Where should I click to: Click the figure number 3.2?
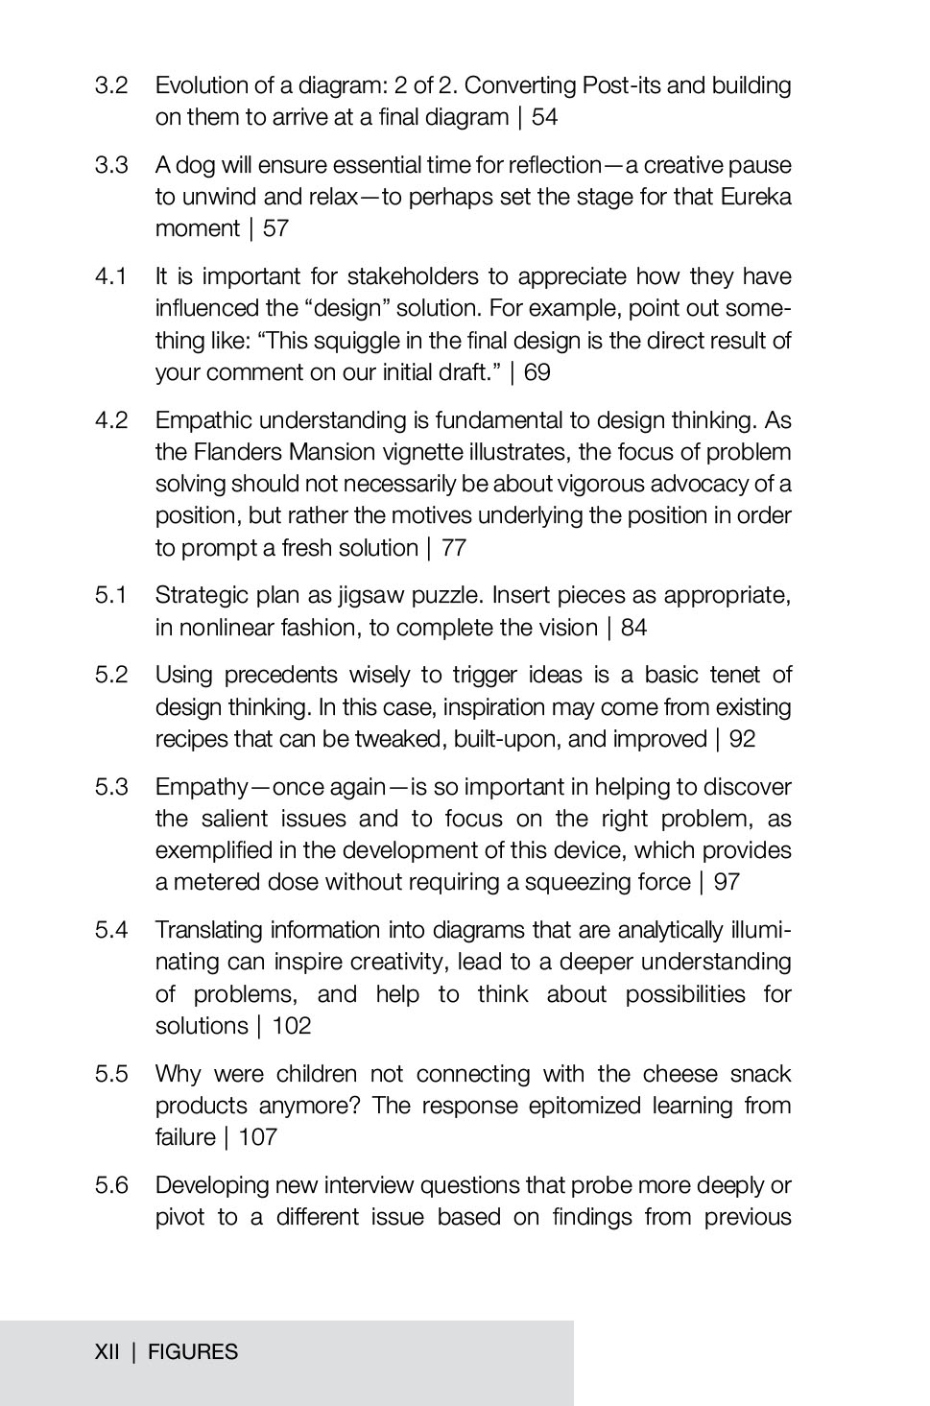pos(111,85)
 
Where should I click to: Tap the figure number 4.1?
pos(111,277)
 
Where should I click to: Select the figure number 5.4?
pos(111,930)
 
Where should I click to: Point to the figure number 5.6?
pos(111,1185)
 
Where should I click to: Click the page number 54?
pos(544,117)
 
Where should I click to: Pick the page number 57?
pos(275,228)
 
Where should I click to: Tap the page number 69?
pos(537,372)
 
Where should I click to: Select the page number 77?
pos(454,548)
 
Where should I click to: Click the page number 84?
pos(633,628)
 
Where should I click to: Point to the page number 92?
pos(742,739)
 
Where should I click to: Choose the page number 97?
pos(727,882)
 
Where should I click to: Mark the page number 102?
pos(292,1026)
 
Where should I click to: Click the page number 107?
pos(258,1137)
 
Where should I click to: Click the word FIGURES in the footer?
pos(193,1352)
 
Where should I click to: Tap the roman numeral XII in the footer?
pos(107,1352)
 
